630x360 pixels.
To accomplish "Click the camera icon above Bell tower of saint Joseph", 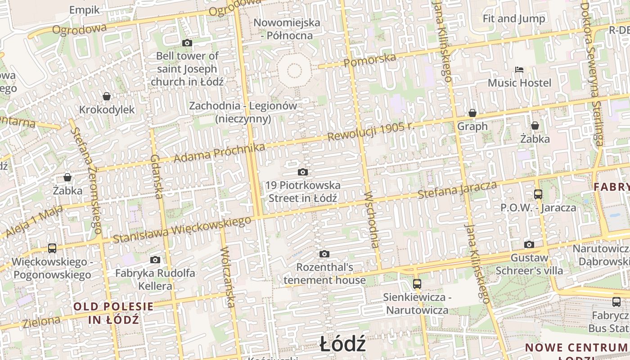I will coord(187,43).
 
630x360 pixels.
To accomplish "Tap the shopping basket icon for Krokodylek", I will coord(107,96).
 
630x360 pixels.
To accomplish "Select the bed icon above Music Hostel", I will coord(519,70).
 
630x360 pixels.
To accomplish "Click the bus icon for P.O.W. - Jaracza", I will coord(538,194).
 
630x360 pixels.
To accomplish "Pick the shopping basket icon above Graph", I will coord(472,113).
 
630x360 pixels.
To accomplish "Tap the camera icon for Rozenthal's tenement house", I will coord(324,254).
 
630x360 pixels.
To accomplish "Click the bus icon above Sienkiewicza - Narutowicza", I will coord(417,284).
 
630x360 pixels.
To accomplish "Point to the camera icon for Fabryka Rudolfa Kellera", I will coord(155,260).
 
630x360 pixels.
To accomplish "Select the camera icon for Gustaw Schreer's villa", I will coord(529,245).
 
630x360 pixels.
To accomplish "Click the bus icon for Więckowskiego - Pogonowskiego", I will coord(52,248).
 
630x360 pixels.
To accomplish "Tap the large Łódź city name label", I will coord(343,345).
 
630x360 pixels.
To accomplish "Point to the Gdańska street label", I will coord(157,177).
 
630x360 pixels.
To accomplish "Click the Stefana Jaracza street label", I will coord(457,190).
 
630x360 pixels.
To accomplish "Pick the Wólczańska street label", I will coord(228,277).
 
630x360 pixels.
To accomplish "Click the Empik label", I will coord(85,10).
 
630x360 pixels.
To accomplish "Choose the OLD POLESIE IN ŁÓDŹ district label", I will coord(113,313).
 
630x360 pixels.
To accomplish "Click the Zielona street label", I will coord(41,322).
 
